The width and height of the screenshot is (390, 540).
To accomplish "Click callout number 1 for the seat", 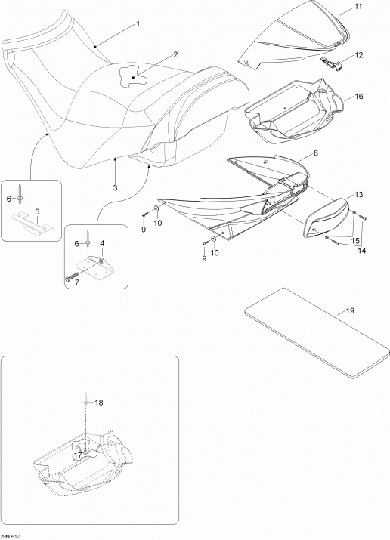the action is (138, 23).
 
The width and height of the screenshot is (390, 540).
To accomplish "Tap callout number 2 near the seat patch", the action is (175, 54).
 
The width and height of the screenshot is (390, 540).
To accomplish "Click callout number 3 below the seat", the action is (115, 188).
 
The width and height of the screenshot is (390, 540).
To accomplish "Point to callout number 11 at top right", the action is (359, 6).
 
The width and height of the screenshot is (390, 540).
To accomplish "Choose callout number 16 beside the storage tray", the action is (359, 96).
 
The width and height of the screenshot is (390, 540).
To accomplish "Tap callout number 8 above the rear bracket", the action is (316, 153).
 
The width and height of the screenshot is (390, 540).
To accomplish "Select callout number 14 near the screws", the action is (361, 251).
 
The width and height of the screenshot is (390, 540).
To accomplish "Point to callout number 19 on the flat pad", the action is (350, 310).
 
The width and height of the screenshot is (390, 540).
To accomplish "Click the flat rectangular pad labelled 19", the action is (317, 333).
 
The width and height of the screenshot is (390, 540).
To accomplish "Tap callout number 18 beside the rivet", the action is (98, 403).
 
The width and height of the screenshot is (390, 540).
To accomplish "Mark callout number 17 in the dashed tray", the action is (78, 455).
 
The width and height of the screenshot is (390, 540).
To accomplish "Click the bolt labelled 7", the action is (73, 277).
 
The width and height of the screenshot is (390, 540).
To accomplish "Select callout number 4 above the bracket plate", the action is (102, 243).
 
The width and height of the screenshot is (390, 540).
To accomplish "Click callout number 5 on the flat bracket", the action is (38, 213).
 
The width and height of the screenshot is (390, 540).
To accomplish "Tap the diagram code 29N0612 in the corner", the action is (11, 536).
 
